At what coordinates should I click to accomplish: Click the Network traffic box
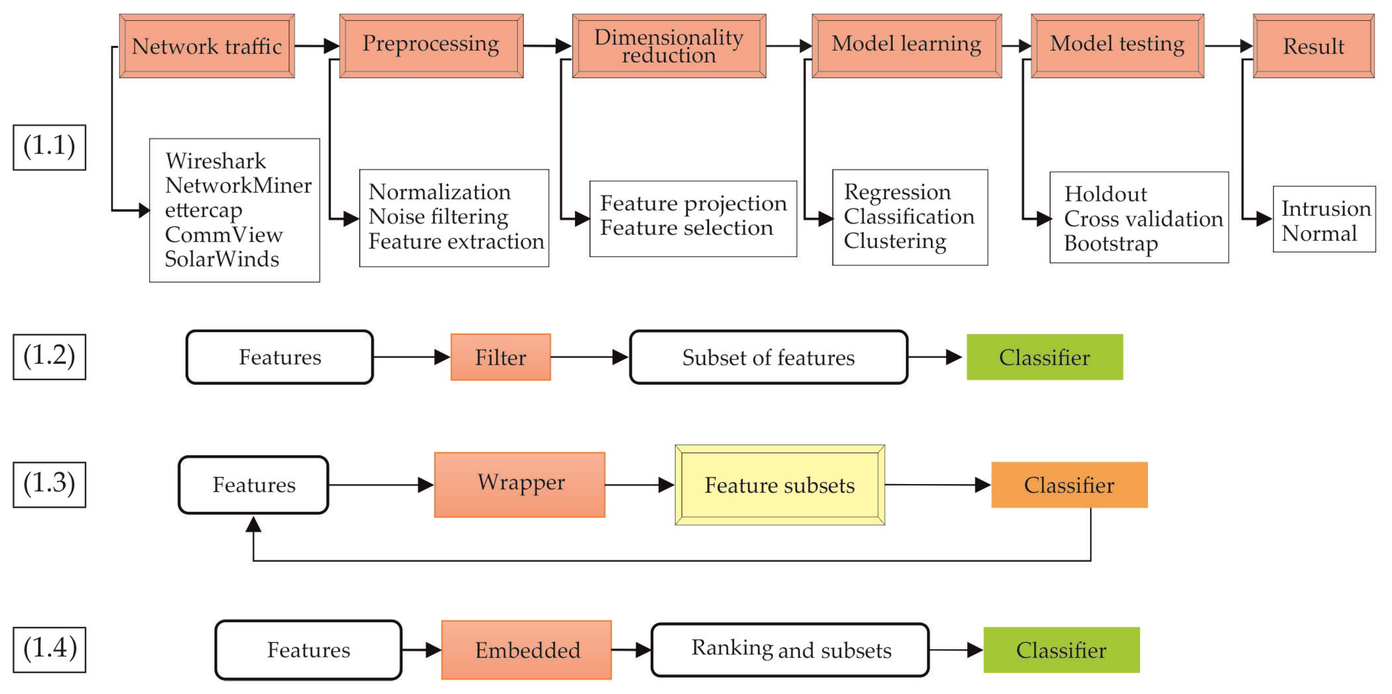click(206, 46)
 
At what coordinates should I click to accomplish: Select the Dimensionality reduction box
click(668, 46)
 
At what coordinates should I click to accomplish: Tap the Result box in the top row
click(1313, 46)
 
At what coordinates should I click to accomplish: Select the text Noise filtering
click(438, 216)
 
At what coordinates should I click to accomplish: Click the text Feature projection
click(693, 203)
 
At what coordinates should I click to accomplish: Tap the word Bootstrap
click(1110, 243)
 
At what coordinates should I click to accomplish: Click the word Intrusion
click(1325, 208)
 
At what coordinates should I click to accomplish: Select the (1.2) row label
click(49, 356)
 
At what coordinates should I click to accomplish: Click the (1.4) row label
click(49, 649)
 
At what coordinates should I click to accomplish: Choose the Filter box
click(500, 357)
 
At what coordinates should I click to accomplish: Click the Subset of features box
click(768, 357)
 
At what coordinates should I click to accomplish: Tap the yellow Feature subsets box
click(779, 485)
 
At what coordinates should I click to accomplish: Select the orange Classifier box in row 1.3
click(1069, 485)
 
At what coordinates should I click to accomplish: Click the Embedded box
click(526, 650)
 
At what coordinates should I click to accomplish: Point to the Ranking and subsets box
click(790, 650)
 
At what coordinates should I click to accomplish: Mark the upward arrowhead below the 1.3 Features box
click(253, 524)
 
